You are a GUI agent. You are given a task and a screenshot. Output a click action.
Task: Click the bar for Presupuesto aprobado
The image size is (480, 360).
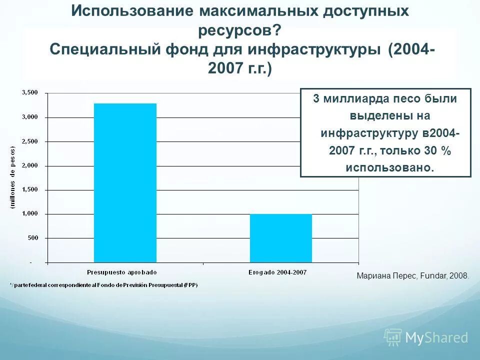coord(125,182)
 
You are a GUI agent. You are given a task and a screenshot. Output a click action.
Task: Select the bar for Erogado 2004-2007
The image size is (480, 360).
coord(280,238)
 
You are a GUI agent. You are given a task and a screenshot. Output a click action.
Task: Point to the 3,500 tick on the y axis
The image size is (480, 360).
coord(30,92)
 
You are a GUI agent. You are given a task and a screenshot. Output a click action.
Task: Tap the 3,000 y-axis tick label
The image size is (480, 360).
coord(30,117)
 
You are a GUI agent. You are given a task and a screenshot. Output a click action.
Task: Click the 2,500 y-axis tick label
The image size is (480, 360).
coord(30,141)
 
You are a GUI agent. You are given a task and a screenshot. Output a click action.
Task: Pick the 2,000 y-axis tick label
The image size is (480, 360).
coord(30,165)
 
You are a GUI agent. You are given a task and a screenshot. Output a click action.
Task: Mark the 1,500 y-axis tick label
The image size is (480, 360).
coord(30,190)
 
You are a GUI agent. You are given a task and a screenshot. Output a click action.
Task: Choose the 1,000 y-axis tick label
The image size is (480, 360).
coord(30,214)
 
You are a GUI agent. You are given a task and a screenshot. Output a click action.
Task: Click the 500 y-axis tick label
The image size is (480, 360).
coord(32,238)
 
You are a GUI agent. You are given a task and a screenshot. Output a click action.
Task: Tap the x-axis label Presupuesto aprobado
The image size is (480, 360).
coord(121,272)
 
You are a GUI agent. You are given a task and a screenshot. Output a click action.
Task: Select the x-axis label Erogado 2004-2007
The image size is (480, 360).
coord(277,272)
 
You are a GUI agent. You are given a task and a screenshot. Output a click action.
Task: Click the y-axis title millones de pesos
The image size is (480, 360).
coord(13,177)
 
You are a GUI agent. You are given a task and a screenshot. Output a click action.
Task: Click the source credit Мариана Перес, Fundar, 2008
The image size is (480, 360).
coord(413,275)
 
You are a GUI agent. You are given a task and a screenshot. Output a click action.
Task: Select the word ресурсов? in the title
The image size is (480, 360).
coord(239,30)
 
